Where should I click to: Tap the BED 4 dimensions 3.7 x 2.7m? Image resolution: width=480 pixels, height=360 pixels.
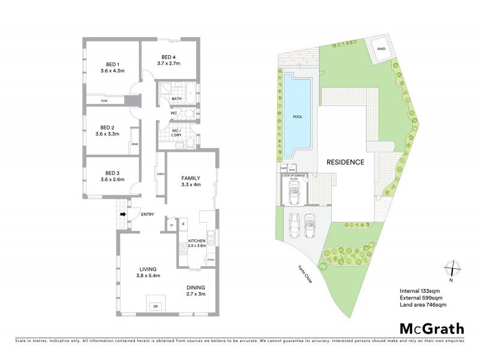pyautogui.click(x=169, y=63)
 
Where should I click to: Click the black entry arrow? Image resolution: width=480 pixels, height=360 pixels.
pyautogui.click(x=123, y=214)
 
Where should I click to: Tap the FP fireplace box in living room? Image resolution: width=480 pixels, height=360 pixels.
pyautogui.click(x=156, y=307)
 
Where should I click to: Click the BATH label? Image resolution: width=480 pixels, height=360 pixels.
pyautogui.click(x=176, y=98)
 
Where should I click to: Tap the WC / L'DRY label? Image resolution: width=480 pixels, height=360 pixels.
pyautogui.click(x=176, y=133)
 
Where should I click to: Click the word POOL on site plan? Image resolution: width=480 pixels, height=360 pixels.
pyautogui.click(x=298, y=116)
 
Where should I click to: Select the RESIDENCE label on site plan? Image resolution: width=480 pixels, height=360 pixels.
pyautogui.click(x=345, y=162)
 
